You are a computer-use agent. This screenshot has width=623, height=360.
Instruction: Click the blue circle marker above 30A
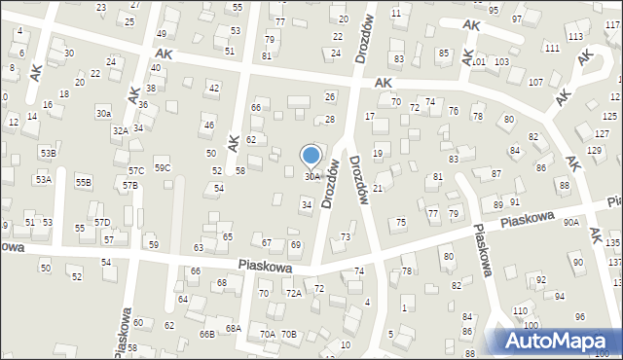pos(311,155)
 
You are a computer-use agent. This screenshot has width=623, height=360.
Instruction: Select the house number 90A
pos(571,222)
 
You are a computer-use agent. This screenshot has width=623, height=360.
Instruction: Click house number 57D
pos(102,223)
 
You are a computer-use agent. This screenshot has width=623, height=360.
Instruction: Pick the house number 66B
pos(206,334)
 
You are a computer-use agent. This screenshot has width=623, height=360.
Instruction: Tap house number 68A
pos(234,328)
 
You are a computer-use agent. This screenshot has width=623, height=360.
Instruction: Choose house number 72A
pos(293,293)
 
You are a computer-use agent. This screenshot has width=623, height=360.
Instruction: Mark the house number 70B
pos(288,334)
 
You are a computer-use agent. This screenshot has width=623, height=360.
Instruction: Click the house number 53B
pos(48,154)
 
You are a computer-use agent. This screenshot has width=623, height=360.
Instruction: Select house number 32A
pos(120,129)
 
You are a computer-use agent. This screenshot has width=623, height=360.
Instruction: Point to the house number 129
pos(594,150)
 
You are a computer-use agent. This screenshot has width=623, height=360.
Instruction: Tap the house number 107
pos(535,81)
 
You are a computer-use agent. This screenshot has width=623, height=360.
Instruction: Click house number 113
pos(575,36)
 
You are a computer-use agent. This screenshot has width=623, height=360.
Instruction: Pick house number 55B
pos(84,182)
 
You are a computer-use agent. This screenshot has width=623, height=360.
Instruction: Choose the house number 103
pos(501,61)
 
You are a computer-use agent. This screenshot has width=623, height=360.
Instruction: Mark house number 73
pos(346,237)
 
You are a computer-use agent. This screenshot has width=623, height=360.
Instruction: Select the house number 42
pos(214,89)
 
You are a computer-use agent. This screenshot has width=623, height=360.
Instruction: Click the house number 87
pos(496,173)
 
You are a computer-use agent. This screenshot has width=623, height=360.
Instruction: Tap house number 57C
pos(135,170)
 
